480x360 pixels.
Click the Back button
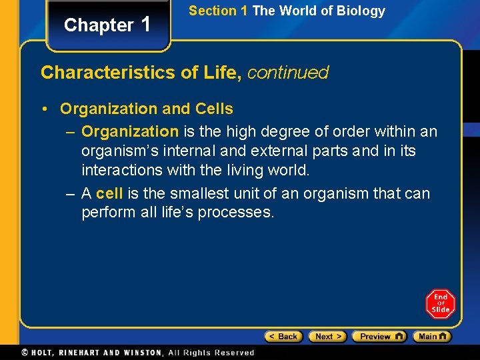(283, 337)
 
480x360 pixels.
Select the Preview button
(379, 337)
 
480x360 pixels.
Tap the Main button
(432, 337)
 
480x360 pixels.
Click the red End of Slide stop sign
(441, 303)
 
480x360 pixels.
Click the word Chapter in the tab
(99, 25)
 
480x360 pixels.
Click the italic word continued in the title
(288, 73)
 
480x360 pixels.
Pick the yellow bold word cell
(109, 194)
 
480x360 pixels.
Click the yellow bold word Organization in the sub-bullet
(130, 132)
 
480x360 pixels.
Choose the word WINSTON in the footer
(141, 353)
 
